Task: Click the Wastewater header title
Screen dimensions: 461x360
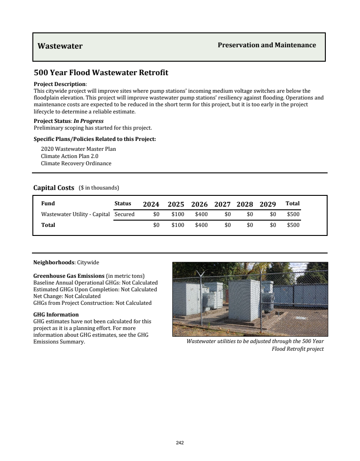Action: pos(60,46)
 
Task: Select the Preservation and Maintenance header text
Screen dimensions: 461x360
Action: pos(266,45)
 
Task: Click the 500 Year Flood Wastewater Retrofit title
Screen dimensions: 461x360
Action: pos(101,72)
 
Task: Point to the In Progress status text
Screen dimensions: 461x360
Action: pos(88,121)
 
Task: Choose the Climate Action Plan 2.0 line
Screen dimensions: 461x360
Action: pos(69,156)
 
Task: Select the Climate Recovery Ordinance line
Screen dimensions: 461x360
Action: pos(76,163)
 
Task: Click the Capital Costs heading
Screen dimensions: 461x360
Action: pos(54,188)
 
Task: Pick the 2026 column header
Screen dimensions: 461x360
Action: pos(199,204)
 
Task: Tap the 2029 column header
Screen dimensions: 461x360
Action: pos(268,204)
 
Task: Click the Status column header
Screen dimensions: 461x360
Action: pos(123,203)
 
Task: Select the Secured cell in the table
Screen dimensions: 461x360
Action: pos(125,214)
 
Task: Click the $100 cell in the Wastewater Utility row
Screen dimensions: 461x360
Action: pos(178,214)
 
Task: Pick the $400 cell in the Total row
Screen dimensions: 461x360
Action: pos(201,225)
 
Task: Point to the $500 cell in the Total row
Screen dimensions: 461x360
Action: pos(293,225)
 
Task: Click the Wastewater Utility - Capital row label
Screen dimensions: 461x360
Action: pos(75,214)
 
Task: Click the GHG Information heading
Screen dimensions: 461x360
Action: pos(56,315)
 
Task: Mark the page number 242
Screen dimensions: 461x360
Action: pos(180,443)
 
